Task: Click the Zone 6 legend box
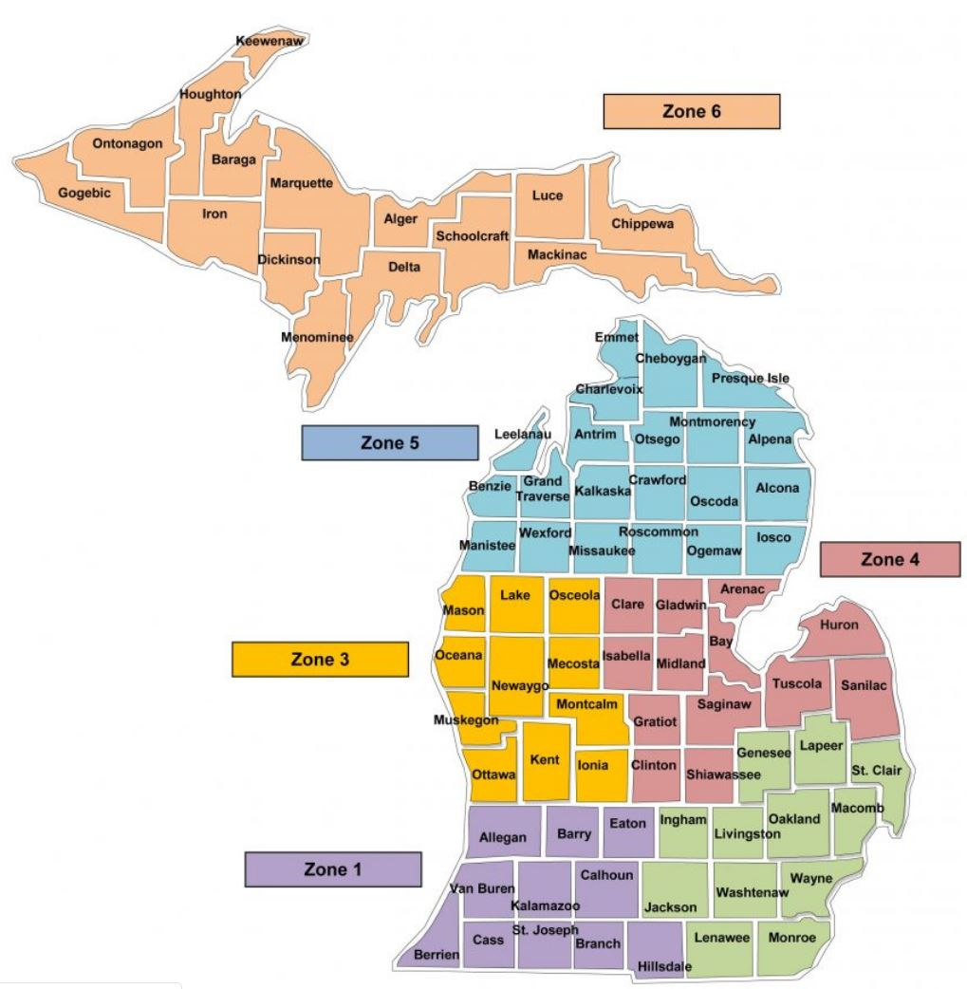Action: pos(691,111)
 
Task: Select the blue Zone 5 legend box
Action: pos(389,443)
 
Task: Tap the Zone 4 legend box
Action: pos(889,559)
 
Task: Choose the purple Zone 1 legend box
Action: pos(332,868)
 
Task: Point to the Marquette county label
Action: pos(301,183)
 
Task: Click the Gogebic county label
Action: pos(84,193)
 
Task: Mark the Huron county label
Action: pos(838,625)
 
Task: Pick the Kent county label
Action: pos(545,759)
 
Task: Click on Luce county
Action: pos(548,196)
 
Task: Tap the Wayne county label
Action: pos(810,878)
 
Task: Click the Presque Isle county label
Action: pos(751,378)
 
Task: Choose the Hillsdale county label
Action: pos(664,966)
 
